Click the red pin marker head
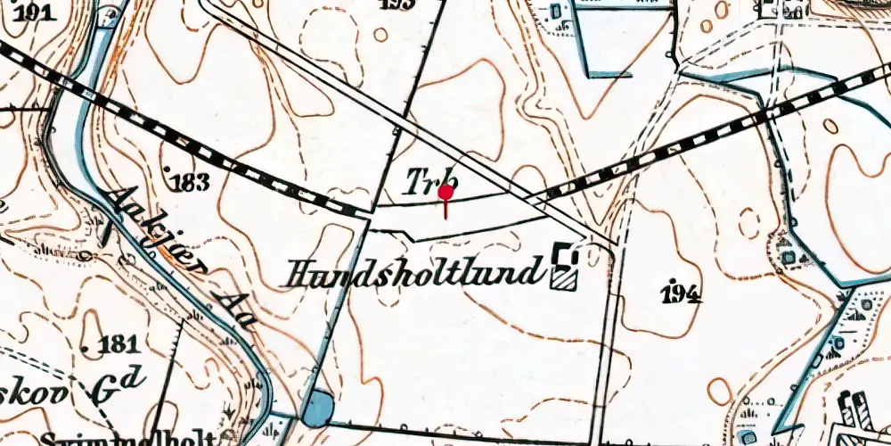pyautogui.click(x=446, y=192)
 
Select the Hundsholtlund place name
pyautogui.click(x=413, y=270)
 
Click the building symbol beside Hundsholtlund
pyautogui.click(x=564, y=268)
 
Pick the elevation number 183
pyautogui.click(x=187, y=182)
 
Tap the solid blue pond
pyautogui.click(x=317, y=409)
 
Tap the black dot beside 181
pyautogui.click(x=86, y=344)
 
